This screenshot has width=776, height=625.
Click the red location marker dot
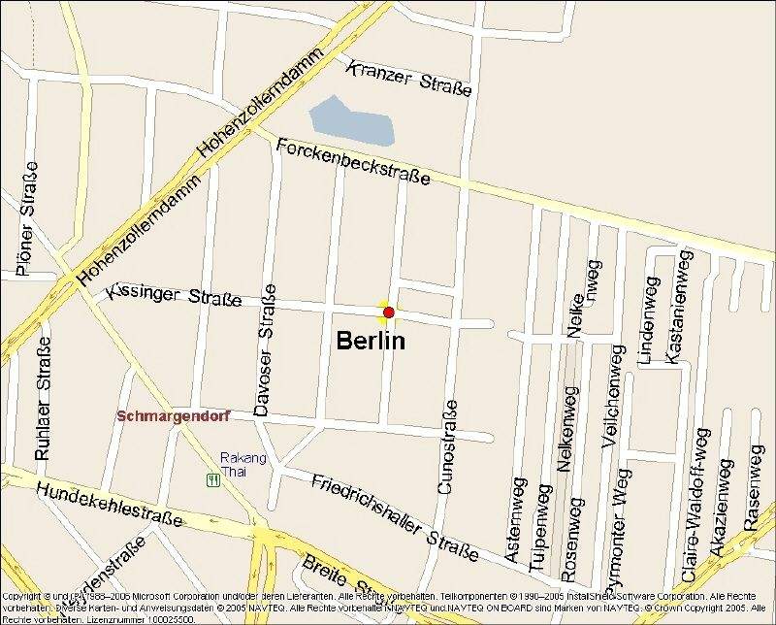point(388,312)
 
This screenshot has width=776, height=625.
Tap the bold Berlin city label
point(371,342)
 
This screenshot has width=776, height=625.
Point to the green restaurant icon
point(211,479)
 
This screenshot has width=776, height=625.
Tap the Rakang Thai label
point(233,464)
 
